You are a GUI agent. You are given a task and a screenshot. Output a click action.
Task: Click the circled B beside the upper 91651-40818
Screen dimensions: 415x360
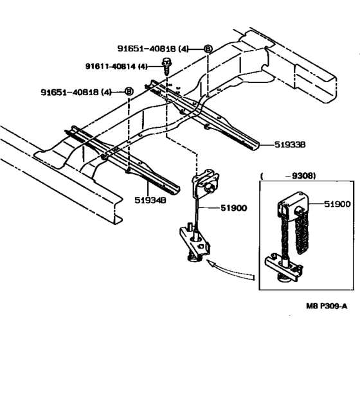(x=207, y=49)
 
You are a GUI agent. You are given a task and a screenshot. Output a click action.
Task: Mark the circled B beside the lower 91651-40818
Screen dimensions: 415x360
(x=129, y=92)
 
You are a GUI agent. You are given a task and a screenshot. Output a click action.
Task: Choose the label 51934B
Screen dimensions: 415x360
(x=152, y=200)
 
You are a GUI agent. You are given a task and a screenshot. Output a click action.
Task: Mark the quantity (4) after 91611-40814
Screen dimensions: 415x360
(x=143, y=66)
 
